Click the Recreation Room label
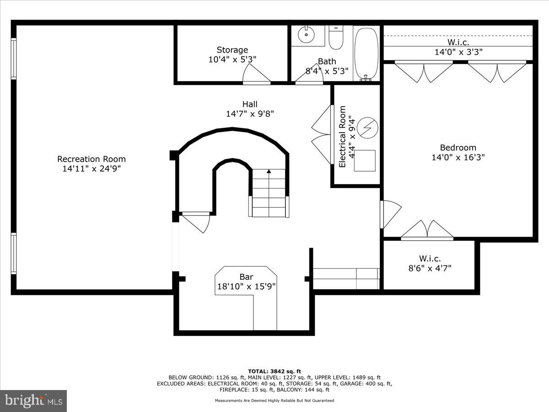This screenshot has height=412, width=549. [91, 159]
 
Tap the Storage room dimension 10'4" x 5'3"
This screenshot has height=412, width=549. [232, 59]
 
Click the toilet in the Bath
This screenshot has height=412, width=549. [336, 38]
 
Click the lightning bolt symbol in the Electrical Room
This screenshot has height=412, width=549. [367, 128]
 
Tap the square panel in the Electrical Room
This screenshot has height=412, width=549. [365, 161]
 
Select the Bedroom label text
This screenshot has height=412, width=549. [457, 147]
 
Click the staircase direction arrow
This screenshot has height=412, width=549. [269, 172]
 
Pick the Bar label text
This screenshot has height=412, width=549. [246, 277]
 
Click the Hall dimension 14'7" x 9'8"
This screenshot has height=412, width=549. [250, 114]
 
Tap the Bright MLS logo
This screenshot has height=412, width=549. [33, 401]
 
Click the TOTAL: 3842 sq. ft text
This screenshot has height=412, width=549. [274, 371]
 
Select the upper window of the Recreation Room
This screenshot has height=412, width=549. [14, 59]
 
